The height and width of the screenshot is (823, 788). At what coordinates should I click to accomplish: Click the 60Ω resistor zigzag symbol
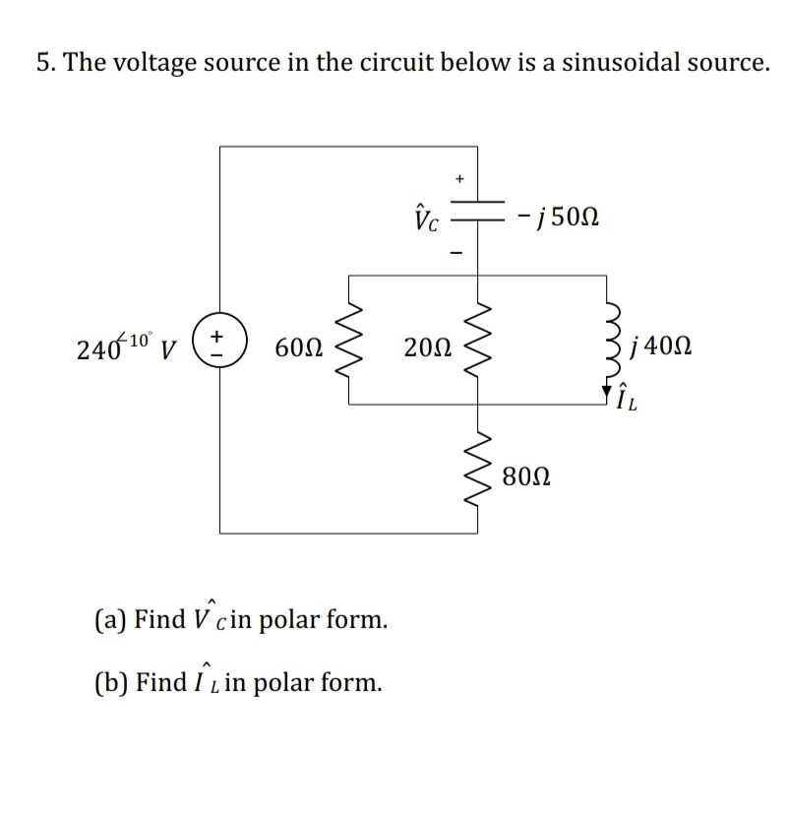pyautogui.click(x=349, y=341)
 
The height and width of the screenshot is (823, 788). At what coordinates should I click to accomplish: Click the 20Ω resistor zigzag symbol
pyautogui.click(x=478, y=341)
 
